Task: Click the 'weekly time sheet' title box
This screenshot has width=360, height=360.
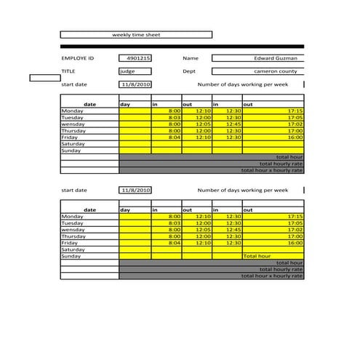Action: tap(136, 34)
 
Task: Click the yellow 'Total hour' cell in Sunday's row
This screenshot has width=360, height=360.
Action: tap(257, 256)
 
